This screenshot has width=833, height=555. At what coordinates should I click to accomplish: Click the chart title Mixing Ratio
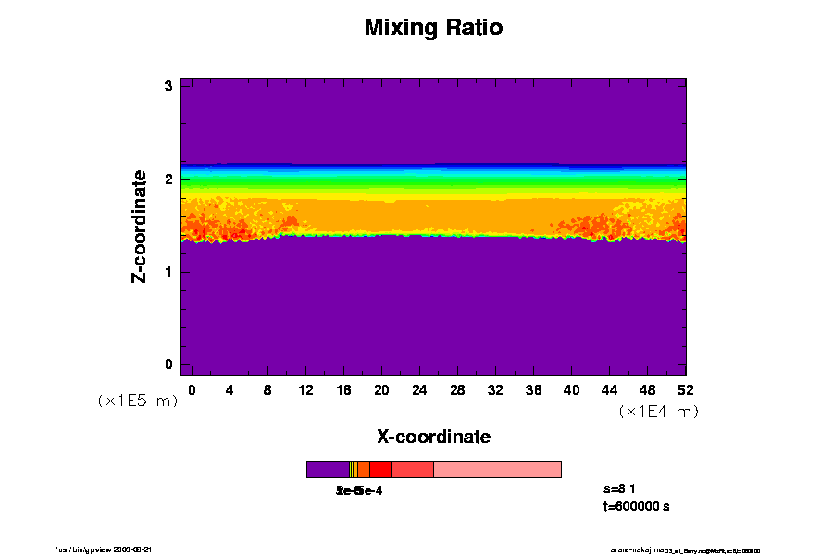pos(433,28)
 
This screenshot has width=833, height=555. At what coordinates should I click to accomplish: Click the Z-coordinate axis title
pos(140,226)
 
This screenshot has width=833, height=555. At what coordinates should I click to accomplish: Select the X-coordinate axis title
pos(433,437)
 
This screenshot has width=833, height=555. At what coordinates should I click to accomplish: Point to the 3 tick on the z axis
pos(169,86)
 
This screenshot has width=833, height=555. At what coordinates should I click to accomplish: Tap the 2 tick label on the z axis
pos(169,179)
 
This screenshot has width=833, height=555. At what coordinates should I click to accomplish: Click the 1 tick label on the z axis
pos(169,272)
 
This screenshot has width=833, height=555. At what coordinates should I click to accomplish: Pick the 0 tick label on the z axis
pos(169,364)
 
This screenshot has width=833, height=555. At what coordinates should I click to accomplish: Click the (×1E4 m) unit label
pos(658,412)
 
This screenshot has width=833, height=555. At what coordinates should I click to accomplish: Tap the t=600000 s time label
pos(636,507)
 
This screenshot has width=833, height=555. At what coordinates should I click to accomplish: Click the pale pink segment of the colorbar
pos(497,469)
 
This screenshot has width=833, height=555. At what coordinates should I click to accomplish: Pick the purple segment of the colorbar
pos(328,469)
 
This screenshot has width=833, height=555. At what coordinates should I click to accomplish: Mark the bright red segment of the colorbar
pos(379,469)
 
